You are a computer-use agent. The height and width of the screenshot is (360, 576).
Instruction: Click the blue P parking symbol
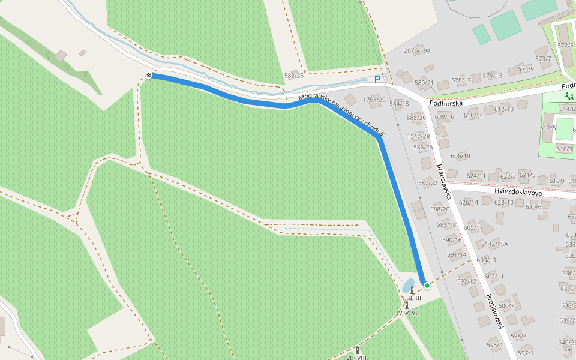click(377, 80)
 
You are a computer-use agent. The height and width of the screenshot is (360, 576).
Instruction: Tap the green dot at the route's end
click(427, 285)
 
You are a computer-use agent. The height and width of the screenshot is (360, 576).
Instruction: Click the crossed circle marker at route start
click(149, 75)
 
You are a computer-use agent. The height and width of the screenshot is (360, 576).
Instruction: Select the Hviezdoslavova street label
click(518, 193)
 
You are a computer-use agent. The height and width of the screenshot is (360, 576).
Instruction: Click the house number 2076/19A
click(418, 50)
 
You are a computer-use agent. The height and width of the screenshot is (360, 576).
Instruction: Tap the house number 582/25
click(294, 76)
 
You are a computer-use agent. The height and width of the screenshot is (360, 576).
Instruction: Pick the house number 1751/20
click(374, 100)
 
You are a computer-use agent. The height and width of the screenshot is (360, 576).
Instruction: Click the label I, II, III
click(412, 298)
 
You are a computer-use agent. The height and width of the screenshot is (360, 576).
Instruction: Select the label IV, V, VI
click(407, 313)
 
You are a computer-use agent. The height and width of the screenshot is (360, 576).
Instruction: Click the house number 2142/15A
click(494, 244)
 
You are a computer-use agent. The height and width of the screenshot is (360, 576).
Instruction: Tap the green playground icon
click(569, 95)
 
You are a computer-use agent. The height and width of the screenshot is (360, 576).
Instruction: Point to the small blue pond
click(408, 283)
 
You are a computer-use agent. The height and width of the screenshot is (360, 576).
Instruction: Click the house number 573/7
click(543, 59)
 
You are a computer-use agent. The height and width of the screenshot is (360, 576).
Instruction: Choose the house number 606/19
click(460, 156)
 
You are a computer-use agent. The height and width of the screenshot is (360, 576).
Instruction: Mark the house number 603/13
click(486, 260)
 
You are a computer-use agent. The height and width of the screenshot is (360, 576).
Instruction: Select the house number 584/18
click(399, 104)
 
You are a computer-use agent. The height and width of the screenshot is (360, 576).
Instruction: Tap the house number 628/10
click(504, 202)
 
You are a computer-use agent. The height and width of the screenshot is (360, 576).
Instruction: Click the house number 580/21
click(424, 82)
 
